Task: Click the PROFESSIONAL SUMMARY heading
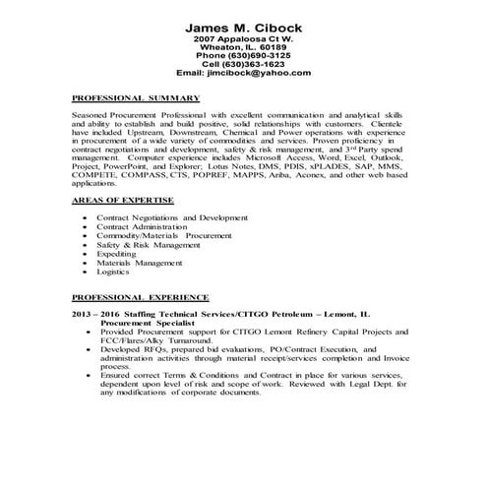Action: [x=138, y=98]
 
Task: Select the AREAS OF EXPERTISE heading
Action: [x=124, y=201]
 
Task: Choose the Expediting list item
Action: [x=117, y=253]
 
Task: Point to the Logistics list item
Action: [x=114, y=271]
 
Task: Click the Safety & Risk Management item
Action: [x=149, y=243]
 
